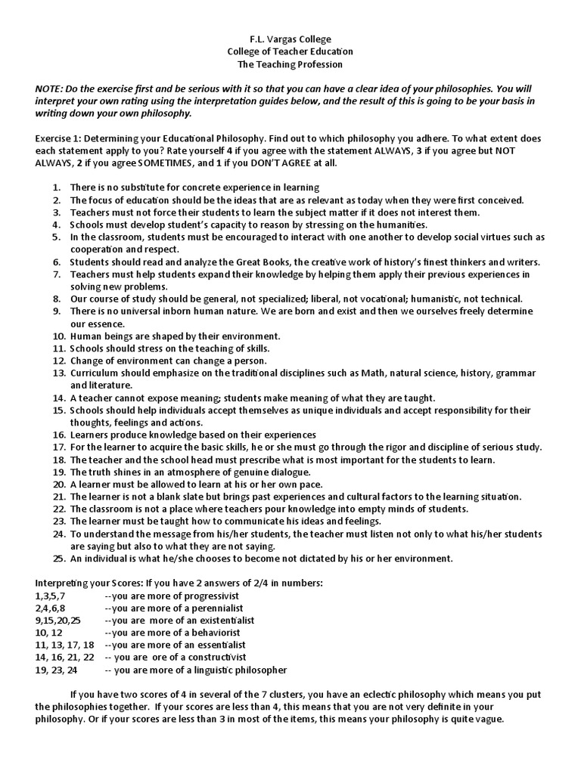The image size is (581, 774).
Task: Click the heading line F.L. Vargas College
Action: (x=290, y=39)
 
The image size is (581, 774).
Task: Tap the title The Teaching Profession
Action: (x=290, y=64)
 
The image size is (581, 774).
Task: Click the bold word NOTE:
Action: (x=51, y=89)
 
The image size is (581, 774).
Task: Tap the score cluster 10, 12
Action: (x=48, y=633)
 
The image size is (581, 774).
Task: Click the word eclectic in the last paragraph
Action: (x=414, y=695)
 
